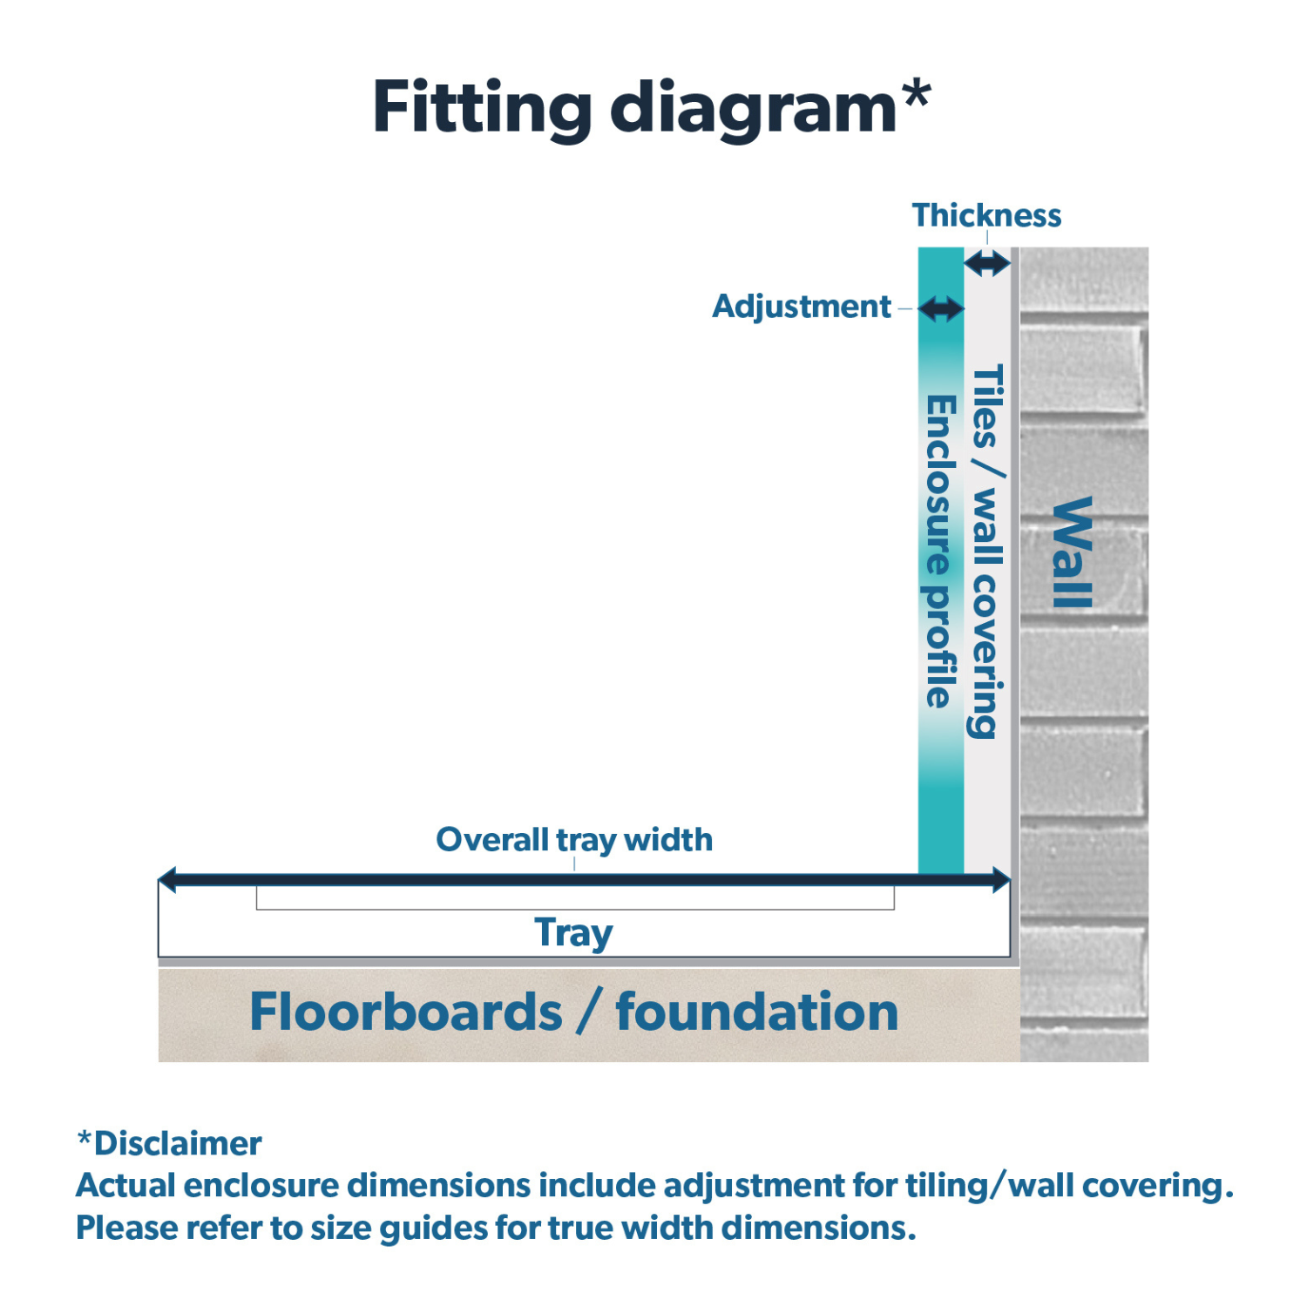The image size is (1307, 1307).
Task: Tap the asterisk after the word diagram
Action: pyautogui.click(x=916, y=94)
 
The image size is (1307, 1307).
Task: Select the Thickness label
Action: pyautogui.click(x=986, y=215)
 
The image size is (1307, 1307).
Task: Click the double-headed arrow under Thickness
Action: pyautogui.click(x=987, y=263)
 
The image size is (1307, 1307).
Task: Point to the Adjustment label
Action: pyautogui.click(x=801, y=307)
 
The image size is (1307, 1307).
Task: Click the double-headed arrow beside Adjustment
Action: pyautogui.click(x=941, y=308)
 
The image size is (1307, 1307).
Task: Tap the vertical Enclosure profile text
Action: pyautogui.click(x=940, y=551)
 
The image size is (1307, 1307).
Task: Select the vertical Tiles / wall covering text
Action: pyautogui.click(x=987, y=551)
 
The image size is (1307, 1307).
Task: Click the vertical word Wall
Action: pyautogui.click(x=1073, y=552)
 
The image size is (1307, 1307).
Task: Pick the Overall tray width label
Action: pyautogui.click(x=574, y=840)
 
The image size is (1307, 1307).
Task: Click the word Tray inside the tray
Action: pyautogui.click(x=573, y=932)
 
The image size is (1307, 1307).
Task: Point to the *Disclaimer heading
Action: pyautogui.click(x=170, y=1143)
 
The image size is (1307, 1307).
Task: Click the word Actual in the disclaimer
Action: pyautogui.click(x=125, y=1185)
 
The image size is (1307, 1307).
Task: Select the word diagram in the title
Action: pyautogui.click(x=753, y=108)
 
